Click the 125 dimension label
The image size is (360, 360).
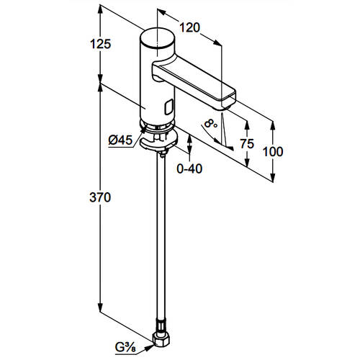[x=101, y=44]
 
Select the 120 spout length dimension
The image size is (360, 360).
[x=189, y=27]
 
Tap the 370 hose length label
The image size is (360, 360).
[x=100, y=197]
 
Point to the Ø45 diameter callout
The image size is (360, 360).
[x=120, y=140]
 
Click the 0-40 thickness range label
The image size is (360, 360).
[x=189, y=168]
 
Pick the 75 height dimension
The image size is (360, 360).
[x=247, y=144]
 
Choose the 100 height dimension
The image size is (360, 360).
[x=273, y=152]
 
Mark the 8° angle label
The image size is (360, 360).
[x=211, y=124]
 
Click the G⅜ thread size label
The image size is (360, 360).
[x=125, y=347]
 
